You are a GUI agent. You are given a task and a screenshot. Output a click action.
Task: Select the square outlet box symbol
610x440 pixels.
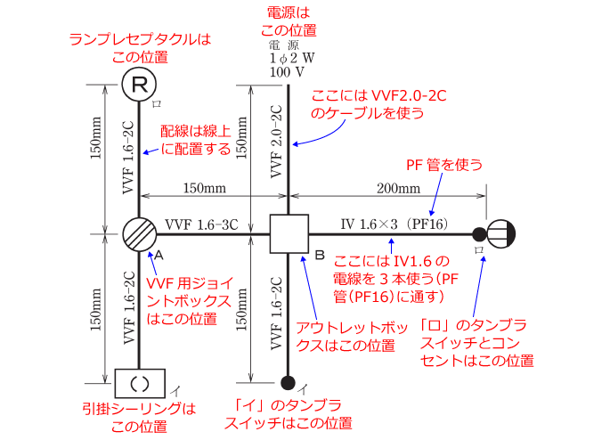coord(288,235)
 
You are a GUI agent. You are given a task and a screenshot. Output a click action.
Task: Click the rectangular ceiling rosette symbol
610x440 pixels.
coord(140,385)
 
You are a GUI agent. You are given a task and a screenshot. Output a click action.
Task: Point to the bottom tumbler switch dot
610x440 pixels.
coord(288,384)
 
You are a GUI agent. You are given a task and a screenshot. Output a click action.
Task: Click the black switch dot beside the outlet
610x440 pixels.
coord(479,235)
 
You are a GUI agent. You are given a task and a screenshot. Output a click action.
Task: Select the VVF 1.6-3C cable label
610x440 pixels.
coord(201,224)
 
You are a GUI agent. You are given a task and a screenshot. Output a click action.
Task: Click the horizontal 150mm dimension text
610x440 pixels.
coord(204,188)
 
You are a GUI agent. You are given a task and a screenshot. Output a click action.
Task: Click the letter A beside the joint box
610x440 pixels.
coord(159,255)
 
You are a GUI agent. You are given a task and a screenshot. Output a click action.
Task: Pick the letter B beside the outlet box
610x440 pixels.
coord(319,256)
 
